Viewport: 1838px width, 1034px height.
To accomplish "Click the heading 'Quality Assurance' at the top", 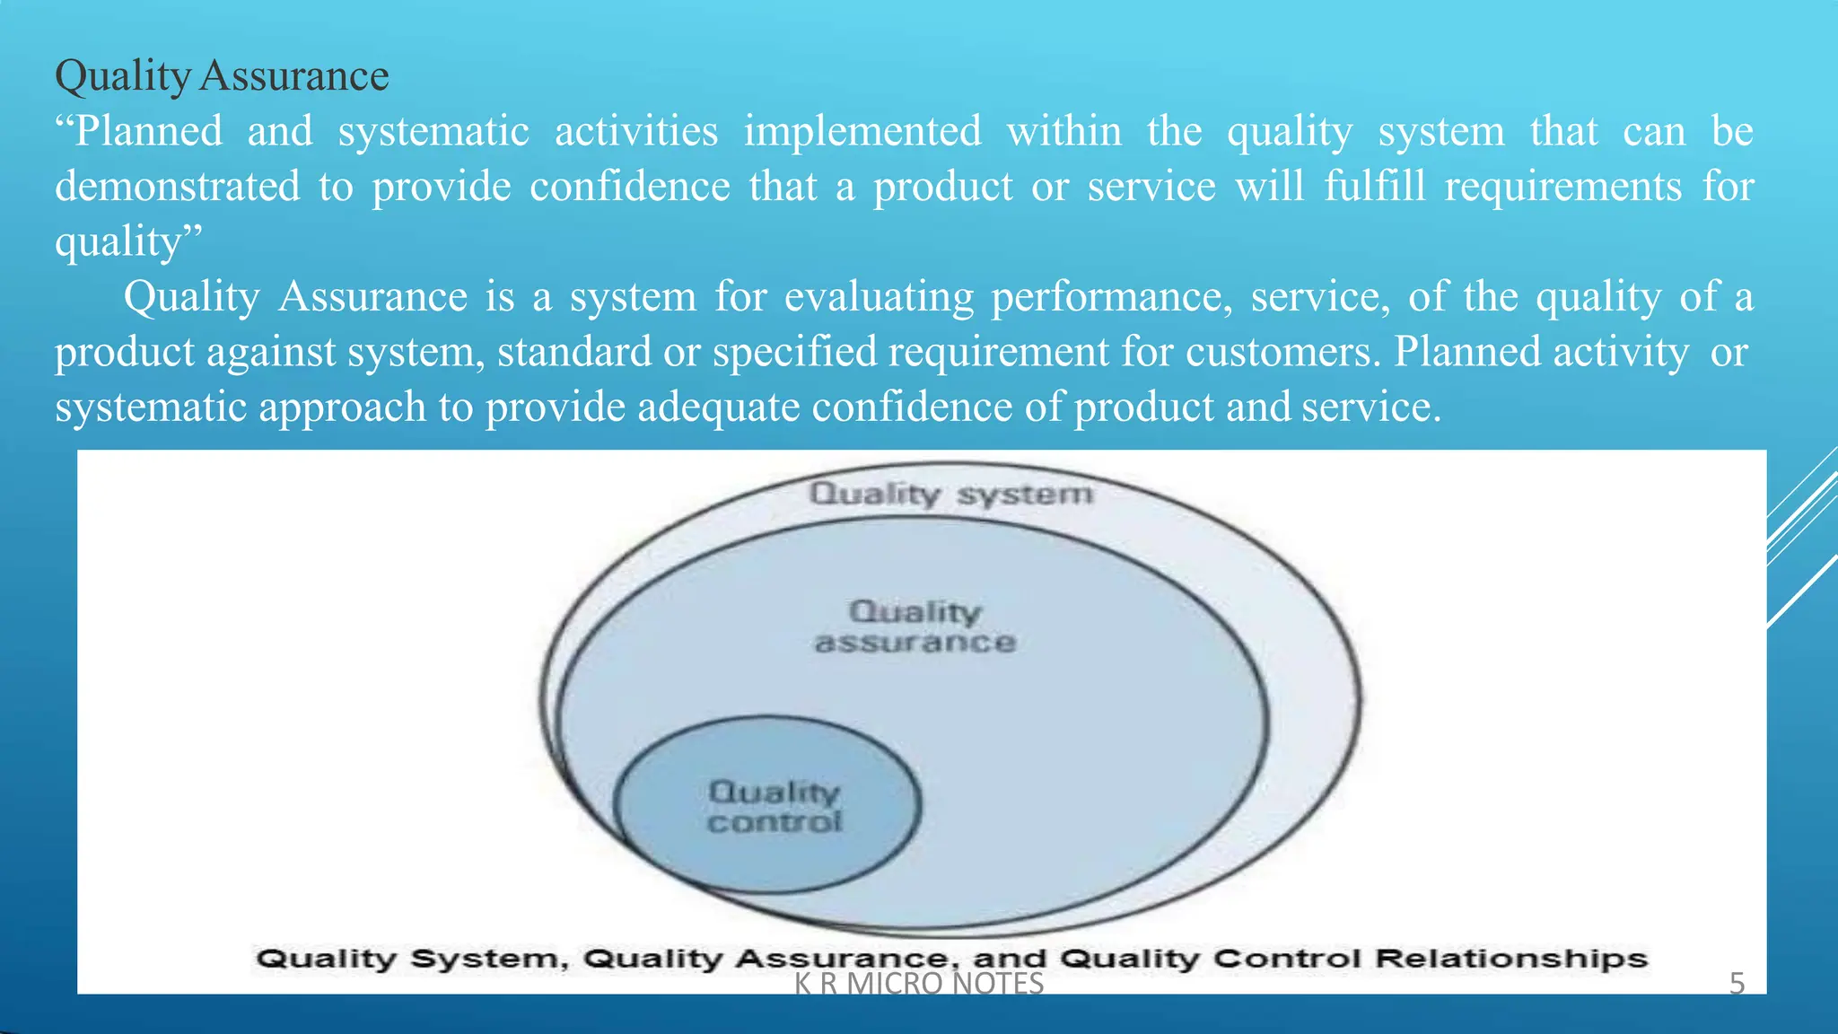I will (222, 76).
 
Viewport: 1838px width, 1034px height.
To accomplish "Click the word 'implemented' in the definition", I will (862, 132).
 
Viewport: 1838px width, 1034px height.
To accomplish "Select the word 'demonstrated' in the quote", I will (178, 187).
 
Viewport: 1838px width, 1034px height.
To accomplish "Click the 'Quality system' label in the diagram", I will (951, 494).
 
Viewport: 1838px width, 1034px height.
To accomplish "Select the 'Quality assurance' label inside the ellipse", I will (915, 627).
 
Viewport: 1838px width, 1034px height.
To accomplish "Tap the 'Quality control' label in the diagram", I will (775, 807).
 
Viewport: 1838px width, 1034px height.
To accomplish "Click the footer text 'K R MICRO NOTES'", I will (919, 984).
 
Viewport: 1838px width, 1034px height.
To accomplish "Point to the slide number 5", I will (1737, 984).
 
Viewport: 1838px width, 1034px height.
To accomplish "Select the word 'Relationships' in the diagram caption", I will (1511, 959).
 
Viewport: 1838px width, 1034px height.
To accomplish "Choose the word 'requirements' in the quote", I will (1562, 187).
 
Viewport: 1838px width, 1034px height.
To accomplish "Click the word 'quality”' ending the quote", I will (128, 242).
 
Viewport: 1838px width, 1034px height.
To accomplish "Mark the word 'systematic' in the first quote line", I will (433, 132).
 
